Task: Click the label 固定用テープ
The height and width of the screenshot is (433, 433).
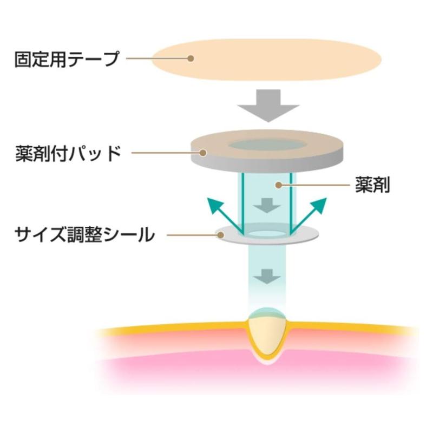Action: (x=67, y=58)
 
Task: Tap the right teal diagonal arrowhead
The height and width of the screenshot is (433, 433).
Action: (x=319, y=205)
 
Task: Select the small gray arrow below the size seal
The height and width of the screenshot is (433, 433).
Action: (x=266, y=275)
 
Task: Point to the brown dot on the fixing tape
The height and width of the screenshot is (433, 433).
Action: (x=190, y=58)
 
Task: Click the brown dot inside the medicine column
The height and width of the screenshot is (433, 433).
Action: (x=278, y=185)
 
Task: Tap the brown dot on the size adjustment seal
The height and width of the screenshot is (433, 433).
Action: (x=220, y=234)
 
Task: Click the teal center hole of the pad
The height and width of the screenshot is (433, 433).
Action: (x=266, y=145)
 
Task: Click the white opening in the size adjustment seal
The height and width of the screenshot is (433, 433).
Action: (x=266, y=234)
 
